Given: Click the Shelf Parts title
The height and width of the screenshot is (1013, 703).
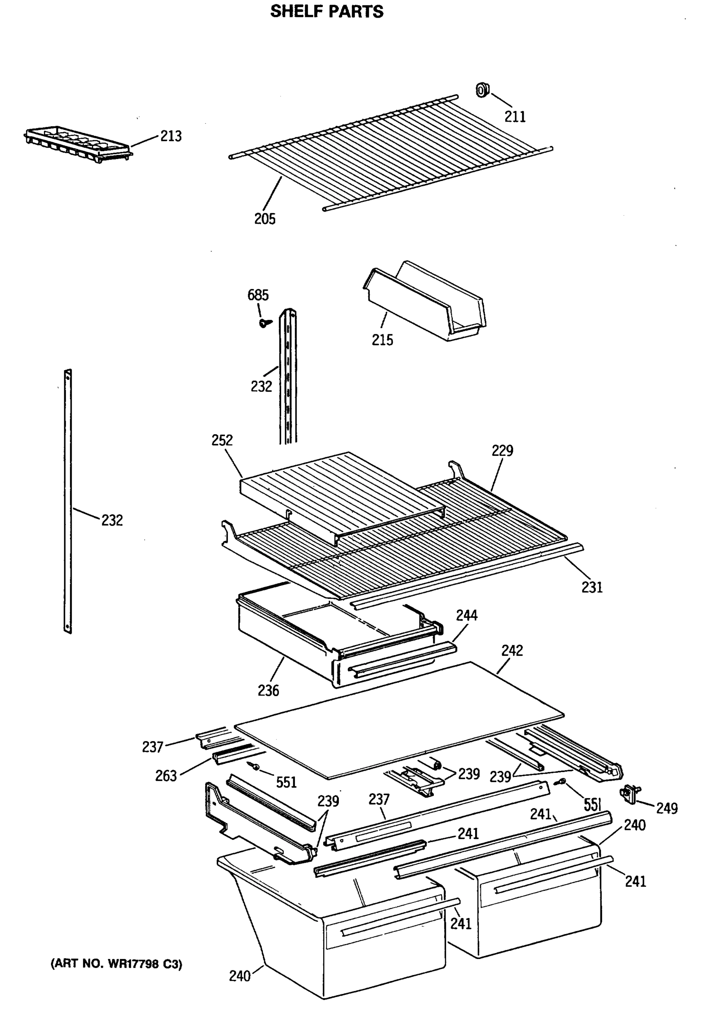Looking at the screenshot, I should (x=327, y=11).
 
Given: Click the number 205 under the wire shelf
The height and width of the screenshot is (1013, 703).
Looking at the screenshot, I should (x=265, y=219).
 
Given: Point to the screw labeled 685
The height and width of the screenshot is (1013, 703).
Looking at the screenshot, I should (x=264, y=323).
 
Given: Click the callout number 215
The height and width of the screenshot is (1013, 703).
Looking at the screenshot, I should (x=382, y=340).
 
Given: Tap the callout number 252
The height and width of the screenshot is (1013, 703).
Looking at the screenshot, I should (x=222, y=440).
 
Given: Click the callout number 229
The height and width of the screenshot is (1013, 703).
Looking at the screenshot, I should (x=502, y=450).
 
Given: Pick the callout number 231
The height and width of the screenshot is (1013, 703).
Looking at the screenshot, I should (x=592, y=587).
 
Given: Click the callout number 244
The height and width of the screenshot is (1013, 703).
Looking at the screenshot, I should (x=466, y=615).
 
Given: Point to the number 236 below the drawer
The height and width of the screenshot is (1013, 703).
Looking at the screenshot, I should (x=268, y=691).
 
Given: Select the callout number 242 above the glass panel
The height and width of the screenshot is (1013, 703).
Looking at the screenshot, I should (x=512, y=650).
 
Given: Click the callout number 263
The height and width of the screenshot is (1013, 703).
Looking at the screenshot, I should (x=165, y=775).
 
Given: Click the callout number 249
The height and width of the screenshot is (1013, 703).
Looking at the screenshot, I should (x=667, y=808).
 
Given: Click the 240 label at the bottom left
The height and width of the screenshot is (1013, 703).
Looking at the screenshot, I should (x=240, y=976).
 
